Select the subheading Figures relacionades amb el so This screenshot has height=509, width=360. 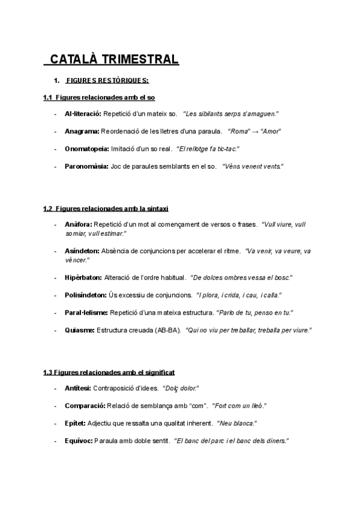coord(100,97)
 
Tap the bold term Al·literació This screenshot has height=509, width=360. coord(83,114)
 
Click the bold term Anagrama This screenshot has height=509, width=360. coord(82,131)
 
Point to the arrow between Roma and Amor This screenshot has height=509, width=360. coord(255,131)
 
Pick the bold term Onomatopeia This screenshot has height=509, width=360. coord(86,148)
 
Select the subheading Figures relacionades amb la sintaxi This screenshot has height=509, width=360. coord(106,208)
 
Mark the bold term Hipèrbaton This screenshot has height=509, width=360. coord(83,278)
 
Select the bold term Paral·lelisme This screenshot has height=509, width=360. coord(86,313)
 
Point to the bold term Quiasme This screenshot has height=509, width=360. coord(79,330)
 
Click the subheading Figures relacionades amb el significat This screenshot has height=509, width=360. coord(109,372)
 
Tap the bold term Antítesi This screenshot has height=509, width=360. coord(78,389)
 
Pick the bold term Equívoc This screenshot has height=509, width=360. coord(78,441)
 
